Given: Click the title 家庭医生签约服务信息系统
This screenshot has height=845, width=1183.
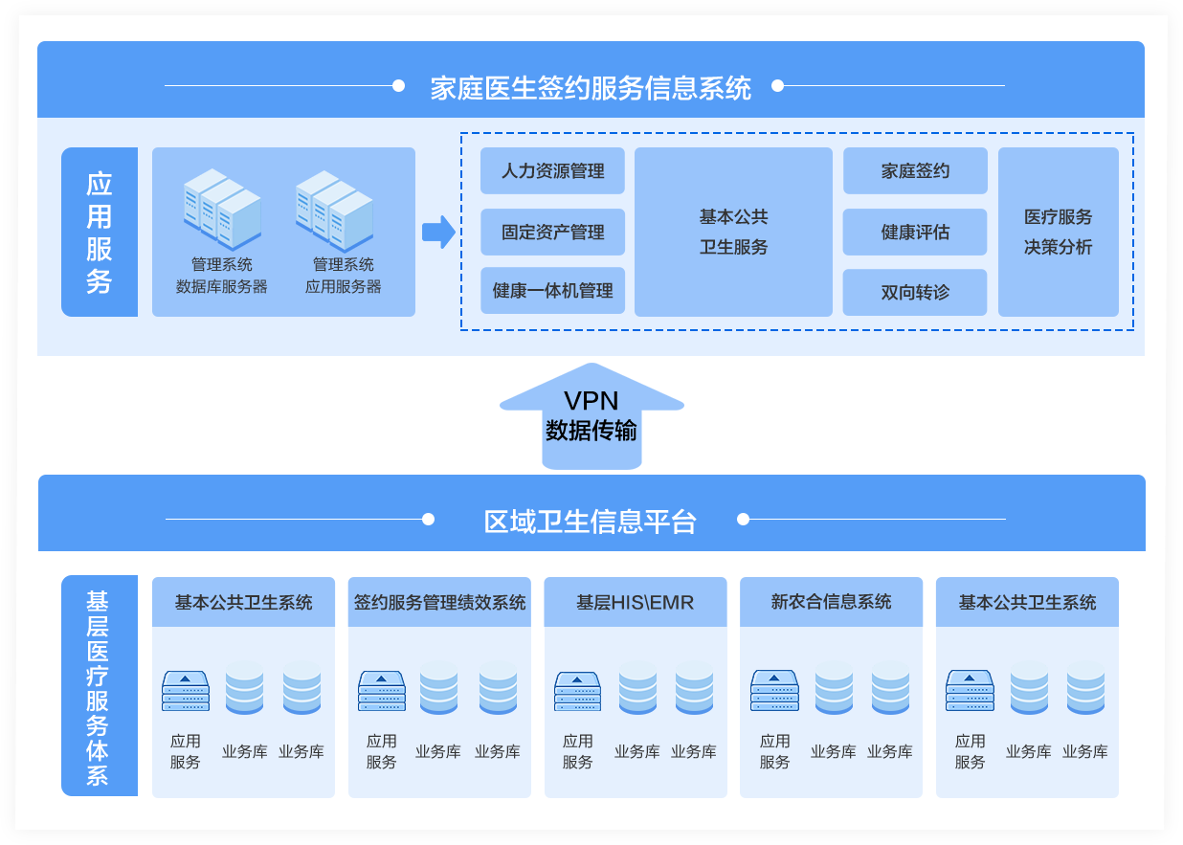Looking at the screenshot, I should click(x=591, y=87).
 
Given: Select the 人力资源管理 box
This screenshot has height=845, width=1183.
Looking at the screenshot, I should click(x=552, y=171).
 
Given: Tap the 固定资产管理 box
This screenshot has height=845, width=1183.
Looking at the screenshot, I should click(x=552, y=233).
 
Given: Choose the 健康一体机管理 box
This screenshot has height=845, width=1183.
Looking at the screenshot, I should click(x=552, y=291).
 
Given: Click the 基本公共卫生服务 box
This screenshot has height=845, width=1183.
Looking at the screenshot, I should click(x=733, y=232).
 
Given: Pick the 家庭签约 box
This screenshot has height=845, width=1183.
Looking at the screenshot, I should click(x=914, y=171).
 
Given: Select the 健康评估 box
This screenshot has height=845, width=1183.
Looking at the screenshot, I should click(x=914, y=233).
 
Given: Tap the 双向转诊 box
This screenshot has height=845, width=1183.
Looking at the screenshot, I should click(x=914, y=292).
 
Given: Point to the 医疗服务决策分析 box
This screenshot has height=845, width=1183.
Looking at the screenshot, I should click(x=1058, y=232).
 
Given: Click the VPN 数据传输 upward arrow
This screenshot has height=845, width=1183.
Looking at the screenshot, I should click(x=591, y=417).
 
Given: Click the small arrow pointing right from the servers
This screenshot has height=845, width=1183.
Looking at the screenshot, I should click(x=438, y=232).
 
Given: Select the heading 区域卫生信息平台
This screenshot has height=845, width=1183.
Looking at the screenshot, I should click(x=591, y=521).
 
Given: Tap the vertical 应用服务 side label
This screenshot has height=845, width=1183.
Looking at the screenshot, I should click(x=100, y=232).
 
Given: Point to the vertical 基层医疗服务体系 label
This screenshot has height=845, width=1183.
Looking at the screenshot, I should click(x=99, y=686).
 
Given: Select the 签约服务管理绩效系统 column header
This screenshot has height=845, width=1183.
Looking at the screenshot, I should click(x=439, y=603).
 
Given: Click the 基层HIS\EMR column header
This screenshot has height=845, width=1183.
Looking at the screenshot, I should click(x=635, y=603).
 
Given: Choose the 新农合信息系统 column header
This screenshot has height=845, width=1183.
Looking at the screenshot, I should click(x=831, y=603).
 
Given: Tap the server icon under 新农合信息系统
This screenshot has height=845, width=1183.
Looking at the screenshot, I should click(x=774, y=690).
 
